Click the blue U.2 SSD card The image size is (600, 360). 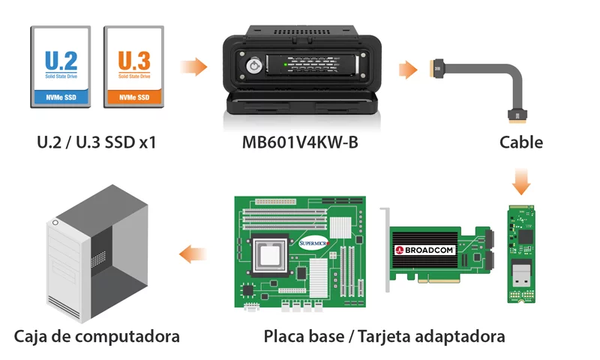click(61, 67)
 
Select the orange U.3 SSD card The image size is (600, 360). click(134, 67)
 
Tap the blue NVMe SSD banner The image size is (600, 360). click(61, 97)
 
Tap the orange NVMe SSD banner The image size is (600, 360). click(134, 97)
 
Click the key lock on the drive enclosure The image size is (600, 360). click(253, 66)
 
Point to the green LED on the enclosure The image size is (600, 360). click(285, 64)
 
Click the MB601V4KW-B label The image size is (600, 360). click(300, 142)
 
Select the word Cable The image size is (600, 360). click(521, 142)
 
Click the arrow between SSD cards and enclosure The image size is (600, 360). click(194, 67)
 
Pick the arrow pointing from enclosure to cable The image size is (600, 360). click(408, 70)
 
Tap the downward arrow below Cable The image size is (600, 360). click(521, 181)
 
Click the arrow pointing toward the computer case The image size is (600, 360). click(193, 254)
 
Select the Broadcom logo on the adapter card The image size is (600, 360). click(424, 250)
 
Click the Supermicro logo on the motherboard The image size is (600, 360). click(313, 243)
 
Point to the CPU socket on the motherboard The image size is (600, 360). click(269, 255)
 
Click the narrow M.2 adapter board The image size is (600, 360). click(521, 254)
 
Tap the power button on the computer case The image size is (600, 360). click(55, 222)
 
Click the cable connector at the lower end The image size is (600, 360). click(517, 116)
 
